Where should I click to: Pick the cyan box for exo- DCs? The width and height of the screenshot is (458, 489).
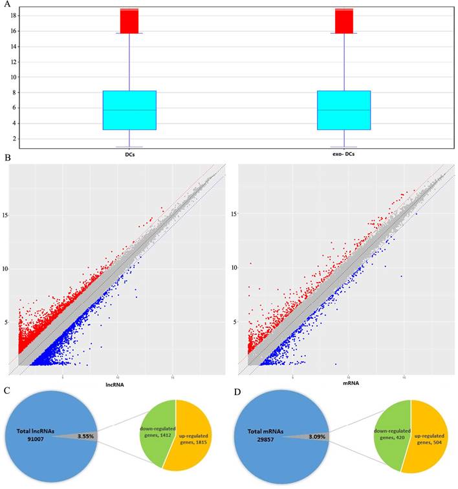pyautogui.click(x=343, y=110)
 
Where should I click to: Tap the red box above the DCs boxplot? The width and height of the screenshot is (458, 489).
pyautogui.click(x=129, y=21)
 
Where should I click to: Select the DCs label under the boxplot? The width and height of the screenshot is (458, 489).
pyautogui.click(x=129, y=155)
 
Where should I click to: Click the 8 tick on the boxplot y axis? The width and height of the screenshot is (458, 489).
pyautogui.click(x=14, y=92)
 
